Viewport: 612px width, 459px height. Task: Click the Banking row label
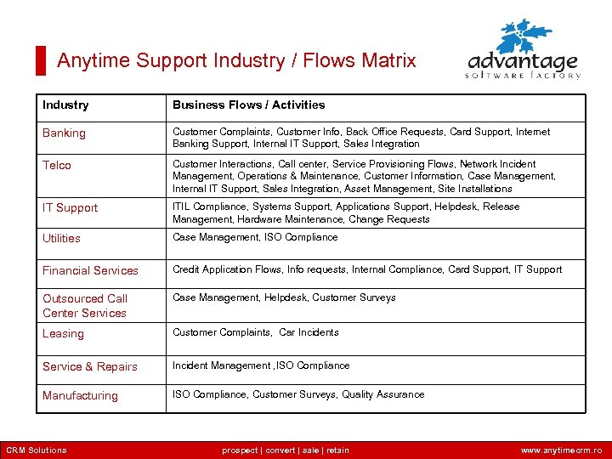(x=65, y=133)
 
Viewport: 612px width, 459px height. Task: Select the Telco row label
(x=57, y=165)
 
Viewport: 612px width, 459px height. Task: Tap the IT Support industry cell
(x=71, y=207)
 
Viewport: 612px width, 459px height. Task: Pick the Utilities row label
(x=61, y=238)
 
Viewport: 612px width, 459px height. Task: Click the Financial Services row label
(x=90, y=270)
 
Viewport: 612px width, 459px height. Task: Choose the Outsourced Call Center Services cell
(x=85, y=305)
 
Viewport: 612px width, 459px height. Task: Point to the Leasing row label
(x=63, y=333)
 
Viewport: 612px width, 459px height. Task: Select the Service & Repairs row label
(x=90, y=366)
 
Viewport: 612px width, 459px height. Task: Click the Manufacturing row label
(x=80, y=395)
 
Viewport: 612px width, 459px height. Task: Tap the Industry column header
(x=65, y=105)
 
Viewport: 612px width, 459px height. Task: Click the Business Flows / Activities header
(x=248, y=105)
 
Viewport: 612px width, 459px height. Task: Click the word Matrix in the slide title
(x=388, y=60)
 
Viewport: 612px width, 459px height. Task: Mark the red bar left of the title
(x=40, y=60)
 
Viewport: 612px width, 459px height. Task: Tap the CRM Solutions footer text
(x=37, y=450)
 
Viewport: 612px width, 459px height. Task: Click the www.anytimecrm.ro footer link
(x=561, y=450)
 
